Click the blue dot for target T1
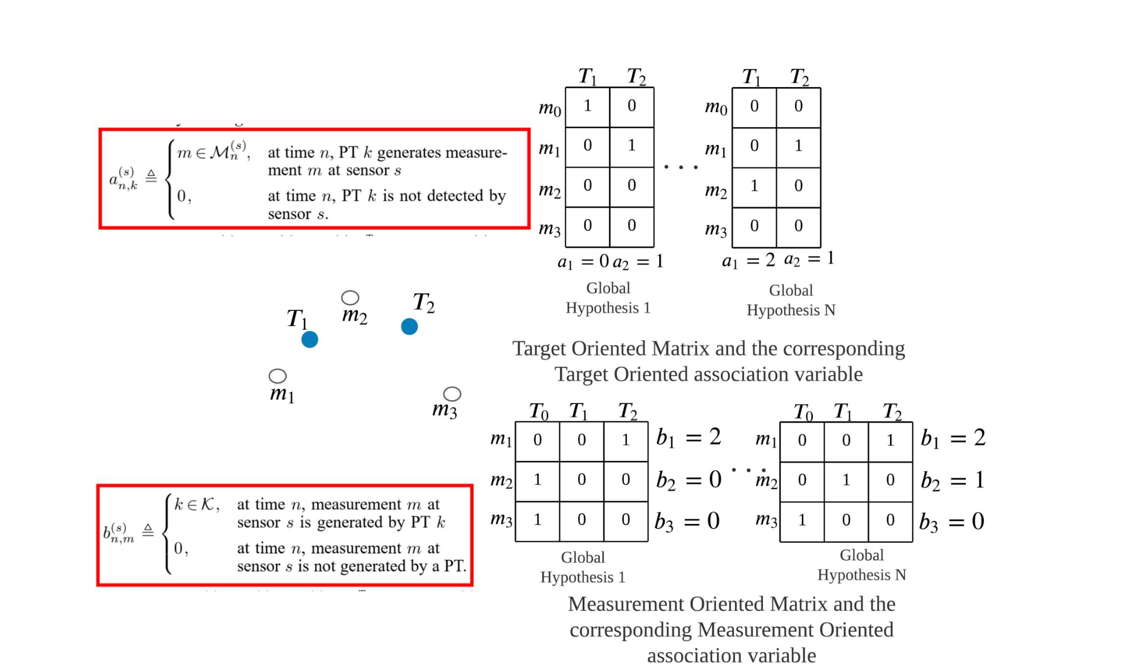309,339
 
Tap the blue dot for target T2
409,326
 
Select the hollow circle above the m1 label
278,376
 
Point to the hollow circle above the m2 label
350,297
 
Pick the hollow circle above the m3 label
452,394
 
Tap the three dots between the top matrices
681,167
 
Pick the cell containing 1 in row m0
588,107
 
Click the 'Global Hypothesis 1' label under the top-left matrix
608,298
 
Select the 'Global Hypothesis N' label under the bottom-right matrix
862,565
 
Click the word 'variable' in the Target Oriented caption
829,374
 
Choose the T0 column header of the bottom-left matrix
539,412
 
